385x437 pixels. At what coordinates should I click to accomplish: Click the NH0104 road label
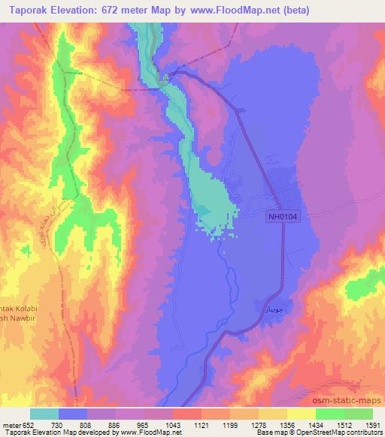pyautogui.click(x=283, y=216)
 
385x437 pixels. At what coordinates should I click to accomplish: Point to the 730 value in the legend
pyautogui.click(x=59, y=426)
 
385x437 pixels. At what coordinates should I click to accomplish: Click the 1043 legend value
pyautogui.click(x=174, y=426)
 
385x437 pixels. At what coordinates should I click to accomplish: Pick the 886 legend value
pyautogui.click(x=117, y=426)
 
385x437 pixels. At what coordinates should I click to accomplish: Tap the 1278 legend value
pyautogui.click(x=259, y=426)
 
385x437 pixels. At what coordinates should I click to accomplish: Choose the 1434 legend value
pyautogui.click(x=317, y=426)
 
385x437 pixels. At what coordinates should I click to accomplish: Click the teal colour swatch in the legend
pyautogui.click(x=44, y=414)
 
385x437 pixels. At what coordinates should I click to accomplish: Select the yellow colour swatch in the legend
pyautogui.click(x=302, y=414)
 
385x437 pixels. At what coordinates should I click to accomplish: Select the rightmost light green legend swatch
pyautogui.click(x=359, y=414)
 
